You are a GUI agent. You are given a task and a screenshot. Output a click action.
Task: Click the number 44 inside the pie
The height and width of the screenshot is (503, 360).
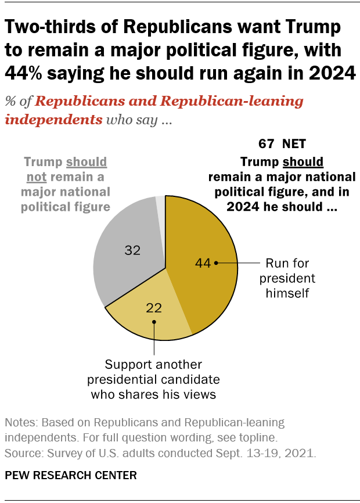(202, 263)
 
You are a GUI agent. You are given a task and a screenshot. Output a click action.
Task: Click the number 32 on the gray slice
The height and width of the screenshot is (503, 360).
(134, 250)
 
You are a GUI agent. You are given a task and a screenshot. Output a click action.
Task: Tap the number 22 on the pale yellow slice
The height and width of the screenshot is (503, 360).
(154, 308)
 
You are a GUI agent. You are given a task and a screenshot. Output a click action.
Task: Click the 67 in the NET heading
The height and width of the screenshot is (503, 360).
(267, 143)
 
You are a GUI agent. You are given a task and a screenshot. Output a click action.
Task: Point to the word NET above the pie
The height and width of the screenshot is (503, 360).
(294, 143)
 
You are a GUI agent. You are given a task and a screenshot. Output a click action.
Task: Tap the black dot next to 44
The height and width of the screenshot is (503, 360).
(216, 263)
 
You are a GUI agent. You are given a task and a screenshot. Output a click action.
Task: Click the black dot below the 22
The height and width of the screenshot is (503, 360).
(154, 321)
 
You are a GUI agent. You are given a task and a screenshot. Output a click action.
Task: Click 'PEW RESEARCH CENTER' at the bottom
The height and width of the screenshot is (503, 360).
(71, 475)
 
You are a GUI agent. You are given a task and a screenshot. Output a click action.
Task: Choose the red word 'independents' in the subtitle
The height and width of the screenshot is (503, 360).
(53, 120)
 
